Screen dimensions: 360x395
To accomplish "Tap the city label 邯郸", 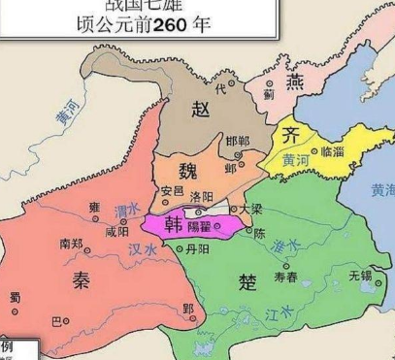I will click(x=237, y=143).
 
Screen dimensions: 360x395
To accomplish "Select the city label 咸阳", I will click(x=116, y=232).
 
